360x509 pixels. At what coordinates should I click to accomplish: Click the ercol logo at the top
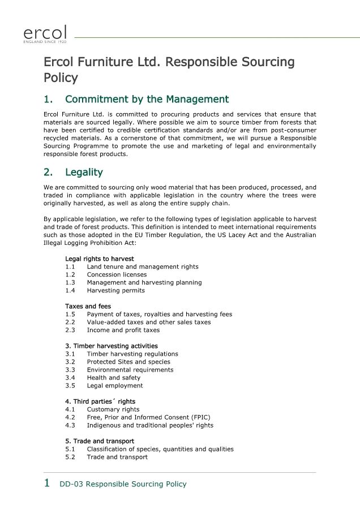[45, 33]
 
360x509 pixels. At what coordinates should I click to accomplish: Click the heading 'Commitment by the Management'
[147, 100]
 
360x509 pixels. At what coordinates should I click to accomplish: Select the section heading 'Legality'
[84, 172]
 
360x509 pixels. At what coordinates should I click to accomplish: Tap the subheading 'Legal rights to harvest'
[99, 258]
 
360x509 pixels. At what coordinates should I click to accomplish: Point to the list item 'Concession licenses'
[117, 274]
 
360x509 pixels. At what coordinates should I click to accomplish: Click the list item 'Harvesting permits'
[115, 290]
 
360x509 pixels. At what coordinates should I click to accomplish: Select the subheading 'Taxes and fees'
[88, 306]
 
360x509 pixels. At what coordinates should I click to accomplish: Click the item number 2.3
[70, 330]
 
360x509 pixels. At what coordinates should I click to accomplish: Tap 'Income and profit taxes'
[123, 330]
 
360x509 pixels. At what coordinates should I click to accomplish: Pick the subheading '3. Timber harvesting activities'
[111, 346]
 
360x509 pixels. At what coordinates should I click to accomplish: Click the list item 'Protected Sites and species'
[128, 361]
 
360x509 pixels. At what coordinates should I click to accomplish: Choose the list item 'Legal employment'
[114, 385]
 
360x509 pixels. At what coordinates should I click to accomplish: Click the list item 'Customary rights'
[113, 409]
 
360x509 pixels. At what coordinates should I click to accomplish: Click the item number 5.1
[70, 448]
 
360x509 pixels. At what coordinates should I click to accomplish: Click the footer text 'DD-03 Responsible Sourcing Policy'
[123, 484]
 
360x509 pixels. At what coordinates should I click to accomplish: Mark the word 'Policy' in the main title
[61, 77]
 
